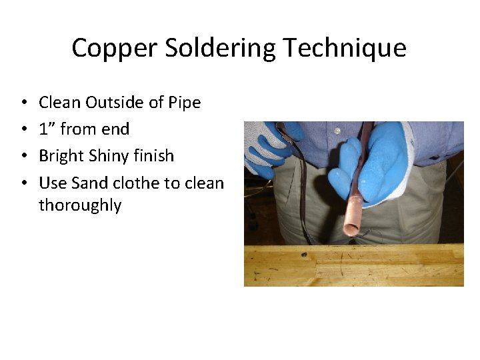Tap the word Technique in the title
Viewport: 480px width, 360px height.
tap(344, 48)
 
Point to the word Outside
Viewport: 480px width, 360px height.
tap(110, 103)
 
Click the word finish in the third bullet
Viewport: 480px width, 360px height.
tap(155, 155)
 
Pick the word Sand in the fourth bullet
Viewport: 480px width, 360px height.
tap(87, 182)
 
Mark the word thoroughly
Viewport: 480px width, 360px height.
tap(80, 205)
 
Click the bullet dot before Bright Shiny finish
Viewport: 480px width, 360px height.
tap(23, 156)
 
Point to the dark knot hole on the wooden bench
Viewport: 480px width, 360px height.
tap(304, 255)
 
